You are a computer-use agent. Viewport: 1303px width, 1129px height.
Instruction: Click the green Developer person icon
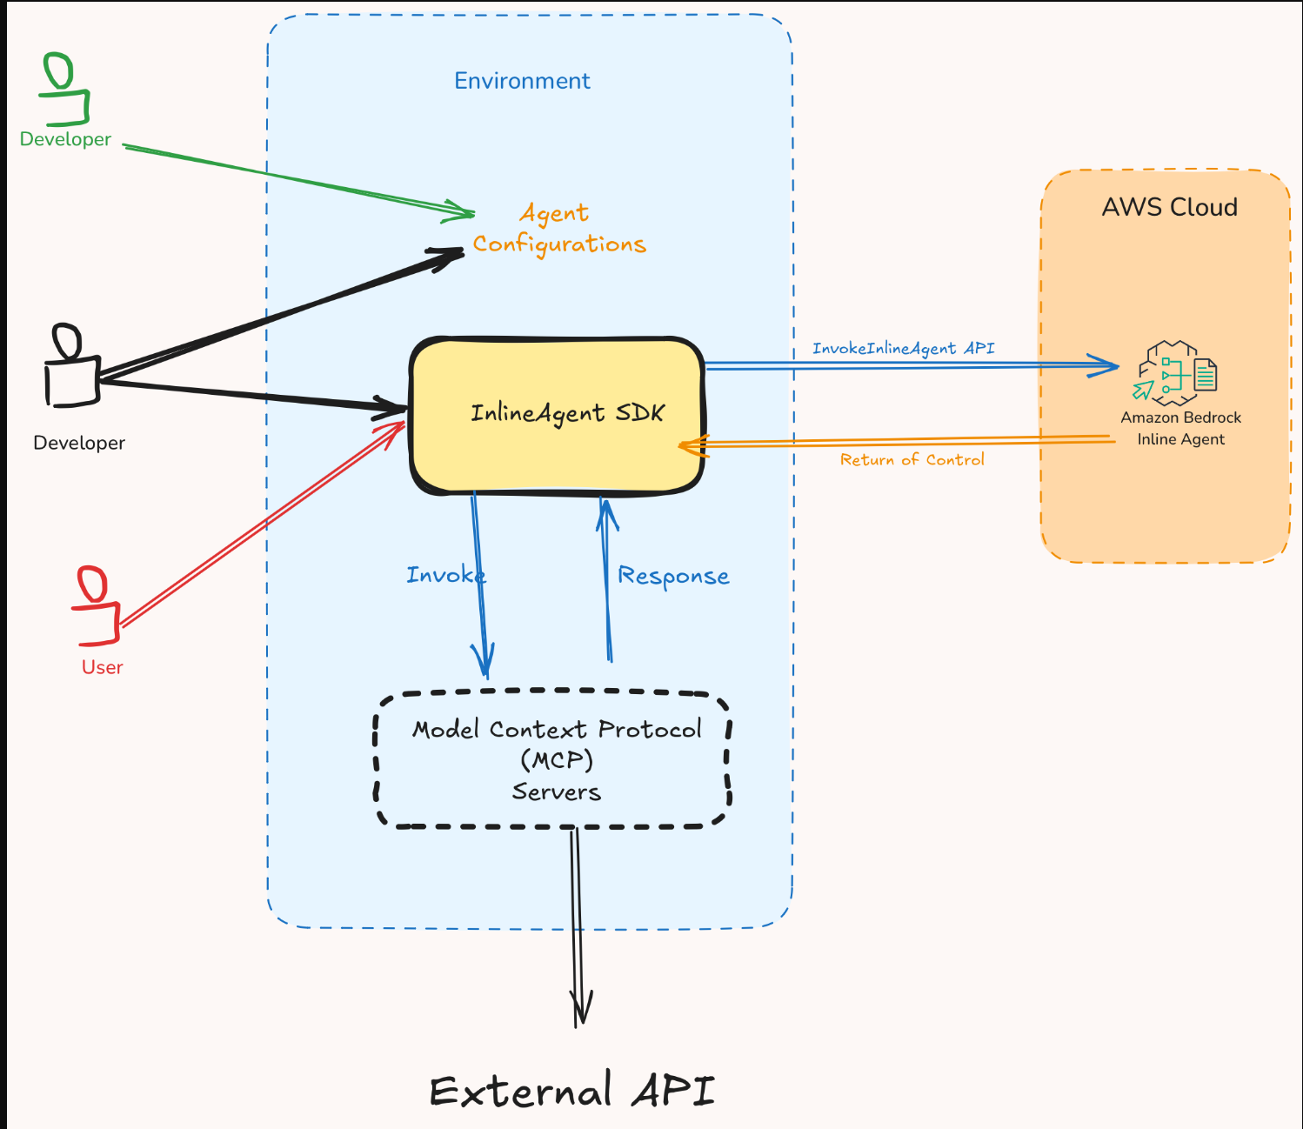(63, 90)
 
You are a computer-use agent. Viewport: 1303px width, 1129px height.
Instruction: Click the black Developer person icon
(71, 367)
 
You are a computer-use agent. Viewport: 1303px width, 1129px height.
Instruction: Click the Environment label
(522, 81)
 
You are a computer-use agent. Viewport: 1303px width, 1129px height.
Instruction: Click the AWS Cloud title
(1169, 207)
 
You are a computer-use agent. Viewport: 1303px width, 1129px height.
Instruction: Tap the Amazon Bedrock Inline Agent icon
(1176, 374)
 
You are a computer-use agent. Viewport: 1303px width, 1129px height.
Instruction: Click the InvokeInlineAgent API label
(903, 348)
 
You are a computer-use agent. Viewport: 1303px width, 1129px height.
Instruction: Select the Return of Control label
(912, 459)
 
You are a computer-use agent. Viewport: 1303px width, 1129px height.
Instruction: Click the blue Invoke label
(444, 575)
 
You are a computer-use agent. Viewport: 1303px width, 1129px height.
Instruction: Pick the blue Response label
(673, 576)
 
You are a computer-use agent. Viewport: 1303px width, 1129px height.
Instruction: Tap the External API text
(571, 1091)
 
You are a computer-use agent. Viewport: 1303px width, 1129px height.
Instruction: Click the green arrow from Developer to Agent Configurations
(296, 179)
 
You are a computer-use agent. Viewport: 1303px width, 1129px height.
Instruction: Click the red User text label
(103, 667)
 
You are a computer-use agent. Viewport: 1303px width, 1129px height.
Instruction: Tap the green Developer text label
(65, 139)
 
